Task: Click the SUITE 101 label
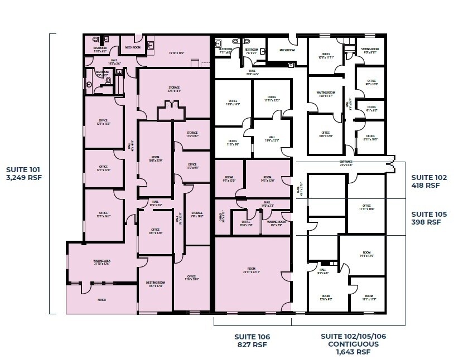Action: (23, 169)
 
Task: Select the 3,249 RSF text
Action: (23, 178)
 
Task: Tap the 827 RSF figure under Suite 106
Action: (253, 345)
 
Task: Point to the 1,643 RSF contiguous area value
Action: (354, 352)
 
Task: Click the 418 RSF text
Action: (426, 186)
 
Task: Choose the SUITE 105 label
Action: (426, 214)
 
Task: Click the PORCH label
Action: (102, 300)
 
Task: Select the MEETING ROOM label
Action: (154, 285)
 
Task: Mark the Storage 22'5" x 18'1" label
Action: (174, 89)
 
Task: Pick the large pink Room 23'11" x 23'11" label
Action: (253, 271)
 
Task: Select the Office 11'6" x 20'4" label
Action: (192, 278)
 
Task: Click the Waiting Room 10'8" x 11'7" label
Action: (325, 94)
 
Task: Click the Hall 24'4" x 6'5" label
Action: (252, 72)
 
